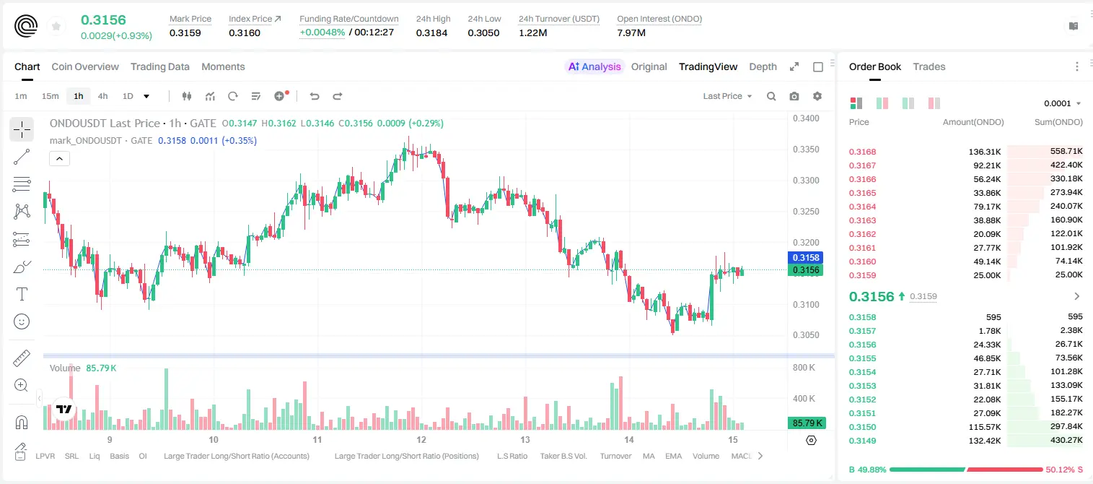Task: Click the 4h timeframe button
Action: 102,96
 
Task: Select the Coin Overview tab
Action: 85,66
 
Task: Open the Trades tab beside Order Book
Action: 929,66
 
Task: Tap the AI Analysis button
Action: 594,66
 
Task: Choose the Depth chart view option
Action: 763,66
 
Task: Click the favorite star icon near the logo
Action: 56,26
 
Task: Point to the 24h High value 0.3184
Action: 431,33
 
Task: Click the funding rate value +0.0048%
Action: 322,33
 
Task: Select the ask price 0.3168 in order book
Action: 862,152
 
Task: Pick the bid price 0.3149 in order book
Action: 862,441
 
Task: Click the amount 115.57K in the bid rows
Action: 985,427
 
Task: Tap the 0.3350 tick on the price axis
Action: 806,150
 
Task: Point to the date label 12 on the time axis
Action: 421,439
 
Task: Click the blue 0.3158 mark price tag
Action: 806,257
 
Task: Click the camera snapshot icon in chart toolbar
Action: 794,96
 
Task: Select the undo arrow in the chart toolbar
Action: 315,96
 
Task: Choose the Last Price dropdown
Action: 727,96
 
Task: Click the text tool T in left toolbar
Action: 22,294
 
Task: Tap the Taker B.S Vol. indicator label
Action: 563,456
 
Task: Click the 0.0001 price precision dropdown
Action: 1062,103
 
